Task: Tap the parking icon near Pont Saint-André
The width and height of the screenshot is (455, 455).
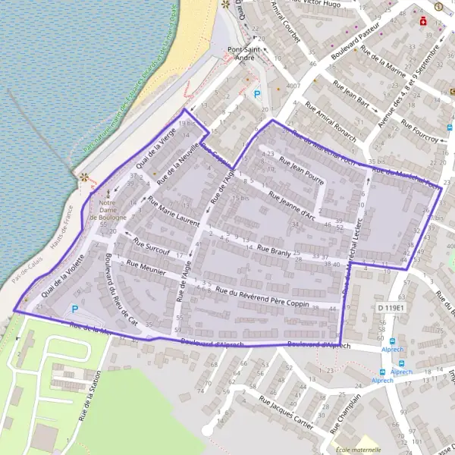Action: point(256,95)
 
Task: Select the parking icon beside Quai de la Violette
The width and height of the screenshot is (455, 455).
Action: point(74,309)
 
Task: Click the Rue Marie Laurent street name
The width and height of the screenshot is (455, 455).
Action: point(173,212)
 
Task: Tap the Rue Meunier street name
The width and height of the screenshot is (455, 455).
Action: point(147,268)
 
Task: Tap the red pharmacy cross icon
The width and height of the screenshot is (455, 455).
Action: point(423,21)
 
